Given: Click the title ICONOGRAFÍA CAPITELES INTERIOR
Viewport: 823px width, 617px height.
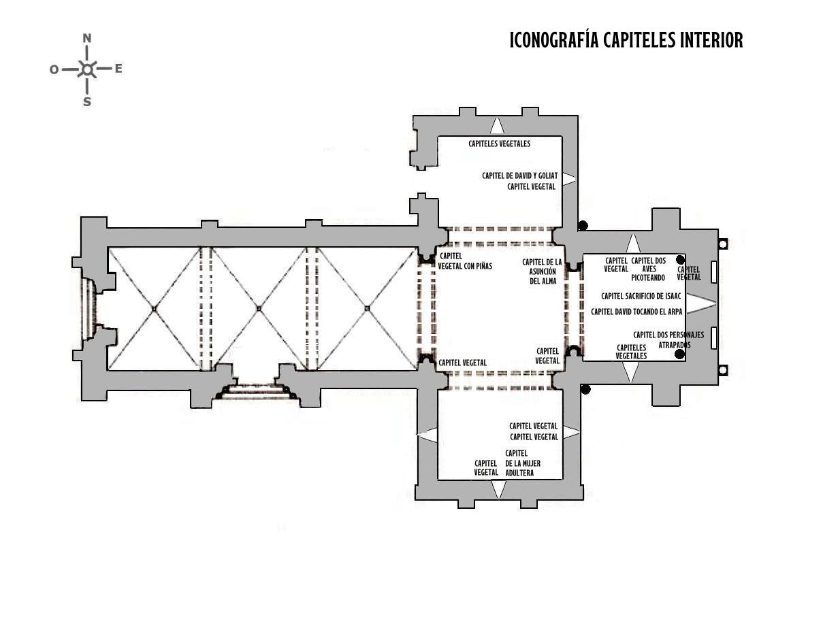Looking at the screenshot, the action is [626, 39].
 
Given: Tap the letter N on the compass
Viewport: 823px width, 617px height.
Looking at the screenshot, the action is [87, 38].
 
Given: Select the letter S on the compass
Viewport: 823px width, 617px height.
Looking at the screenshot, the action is [87, 101].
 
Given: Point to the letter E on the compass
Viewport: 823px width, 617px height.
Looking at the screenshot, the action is [118, 69].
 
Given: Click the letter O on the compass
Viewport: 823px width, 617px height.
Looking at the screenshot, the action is [54, 69].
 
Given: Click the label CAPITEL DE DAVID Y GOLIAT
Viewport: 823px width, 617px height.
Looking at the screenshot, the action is [519, 176].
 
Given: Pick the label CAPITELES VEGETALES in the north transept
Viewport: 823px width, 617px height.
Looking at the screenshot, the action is [500, 144].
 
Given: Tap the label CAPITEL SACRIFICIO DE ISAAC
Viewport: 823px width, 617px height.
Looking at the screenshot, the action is [641, 296].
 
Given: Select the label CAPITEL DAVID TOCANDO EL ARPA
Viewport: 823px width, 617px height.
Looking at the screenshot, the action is [636, 312].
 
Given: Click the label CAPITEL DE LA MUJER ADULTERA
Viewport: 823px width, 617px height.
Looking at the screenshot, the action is [523, 463].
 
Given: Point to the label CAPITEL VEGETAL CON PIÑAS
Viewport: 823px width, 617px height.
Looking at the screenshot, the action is [465, 261].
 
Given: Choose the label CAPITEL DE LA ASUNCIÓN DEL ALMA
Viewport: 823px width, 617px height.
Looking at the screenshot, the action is [542, 271].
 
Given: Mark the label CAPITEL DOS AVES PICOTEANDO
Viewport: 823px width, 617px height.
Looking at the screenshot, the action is [648, 269].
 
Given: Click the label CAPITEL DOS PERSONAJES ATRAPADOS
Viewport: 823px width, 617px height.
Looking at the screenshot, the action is [668, 339].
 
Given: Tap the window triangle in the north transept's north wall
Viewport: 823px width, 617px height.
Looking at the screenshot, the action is [497, 126].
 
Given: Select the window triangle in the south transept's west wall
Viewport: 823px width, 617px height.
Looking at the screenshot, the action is [427, 435].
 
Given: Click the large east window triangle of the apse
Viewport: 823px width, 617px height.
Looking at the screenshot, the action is [700, 303].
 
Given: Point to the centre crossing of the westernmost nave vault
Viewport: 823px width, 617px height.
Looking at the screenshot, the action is [154, 309].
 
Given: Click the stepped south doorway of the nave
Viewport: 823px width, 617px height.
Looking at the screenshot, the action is [258, 390].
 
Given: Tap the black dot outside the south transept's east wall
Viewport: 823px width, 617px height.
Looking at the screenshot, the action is [585, 390].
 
